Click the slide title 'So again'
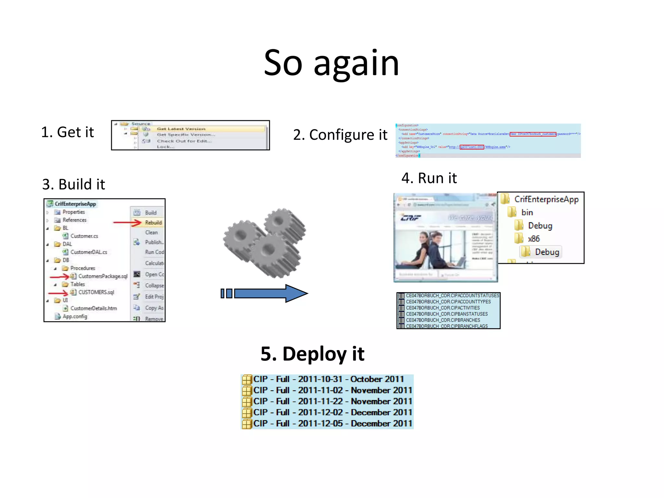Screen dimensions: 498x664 pyautogui.click(x=331, y=63)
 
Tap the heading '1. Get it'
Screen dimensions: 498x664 pyautogui.click(x=67, y=132)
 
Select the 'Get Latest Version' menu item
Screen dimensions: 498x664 pyautogui.click(x=181, y=129)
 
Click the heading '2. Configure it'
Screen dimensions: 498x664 pyautogui.click(x=340, y=135)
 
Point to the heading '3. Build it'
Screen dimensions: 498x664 pyautogui.click(x=74, y=184)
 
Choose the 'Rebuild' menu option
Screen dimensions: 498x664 pyautogui.click(x=153, y=223)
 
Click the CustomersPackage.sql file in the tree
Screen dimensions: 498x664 pyautogui.click(x=102, y=276)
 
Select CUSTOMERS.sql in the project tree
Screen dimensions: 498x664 pyautogui.click(x=96, y=292)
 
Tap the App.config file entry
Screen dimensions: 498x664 pyautogui.click(x=75, y=316)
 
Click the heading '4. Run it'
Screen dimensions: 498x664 pyautogui.click(x=429, y=178)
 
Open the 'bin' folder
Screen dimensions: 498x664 pyautogui.click(x=527, y=212)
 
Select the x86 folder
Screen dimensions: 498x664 pyautogui.click(x=533, y=239)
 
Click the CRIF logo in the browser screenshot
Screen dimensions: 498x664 pyautogui.click(x=411, y=218)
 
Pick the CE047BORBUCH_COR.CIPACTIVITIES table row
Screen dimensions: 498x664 pyautogui.click(x=443, y=308)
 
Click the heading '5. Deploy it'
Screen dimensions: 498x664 pyautogui.click(x=313, y=354)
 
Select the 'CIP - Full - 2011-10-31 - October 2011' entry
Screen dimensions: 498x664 pyautogui.click(x=328, y=379)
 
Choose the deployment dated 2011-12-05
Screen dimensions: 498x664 pyautogui.click(x=332, y=424)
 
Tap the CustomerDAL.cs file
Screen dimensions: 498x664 pyautogui.click(x=89, y=252)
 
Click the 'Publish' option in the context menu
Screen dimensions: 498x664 pyautogui.click(x=154, y=242)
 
